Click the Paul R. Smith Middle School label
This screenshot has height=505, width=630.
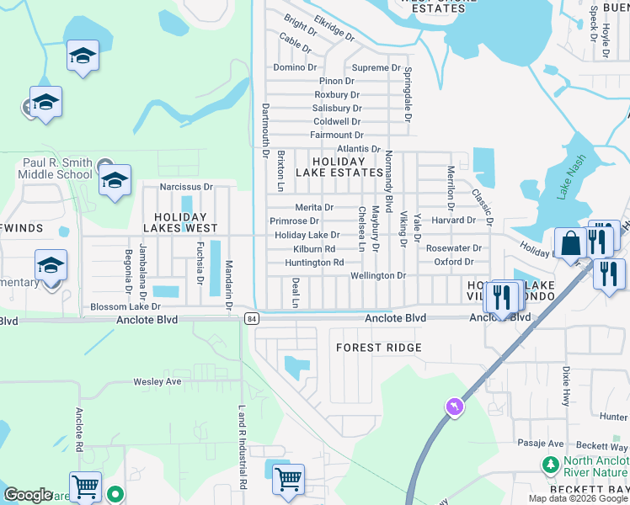tap(57, 168)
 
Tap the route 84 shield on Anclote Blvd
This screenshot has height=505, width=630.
tap(252, 317)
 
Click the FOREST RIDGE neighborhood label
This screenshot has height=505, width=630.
tap(378, 348)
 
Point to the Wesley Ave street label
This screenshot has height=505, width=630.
tap(157, 381)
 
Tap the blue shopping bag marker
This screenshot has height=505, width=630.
tap(570, 243)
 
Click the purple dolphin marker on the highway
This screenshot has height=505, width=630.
tap(456, 407)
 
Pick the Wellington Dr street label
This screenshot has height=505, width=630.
tap(378, 275)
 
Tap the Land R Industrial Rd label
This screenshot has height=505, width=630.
tap(242, 447)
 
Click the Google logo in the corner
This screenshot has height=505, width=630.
tap(28, 495)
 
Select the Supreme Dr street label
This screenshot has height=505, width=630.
tap(376, 67)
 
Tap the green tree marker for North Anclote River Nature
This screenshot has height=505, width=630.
tap(551, 465)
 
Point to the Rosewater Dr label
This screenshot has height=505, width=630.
tap(453, 248)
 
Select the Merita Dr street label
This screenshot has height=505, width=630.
tap(314, 207)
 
